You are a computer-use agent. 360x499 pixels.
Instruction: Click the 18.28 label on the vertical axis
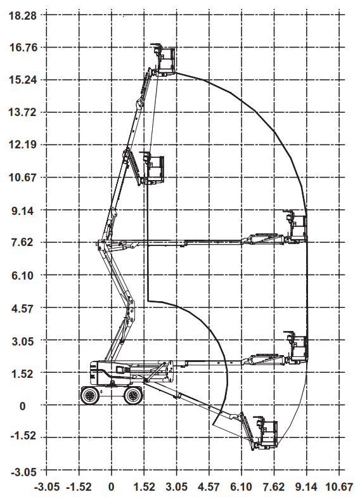[x=22, y=15]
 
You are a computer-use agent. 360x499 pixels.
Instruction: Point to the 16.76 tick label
[x=22, y=48]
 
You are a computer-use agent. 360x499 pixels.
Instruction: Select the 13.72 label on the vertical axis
[x=22, y=112]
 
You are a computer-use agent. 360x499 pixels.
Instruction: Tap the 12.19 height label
[x=22, y=145]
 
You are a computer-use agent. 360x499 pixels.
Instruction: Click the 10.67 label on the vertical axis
[x=22, y=178]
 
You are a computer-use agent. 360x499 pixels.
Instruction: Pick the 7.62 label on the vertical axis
[x=22, y=242]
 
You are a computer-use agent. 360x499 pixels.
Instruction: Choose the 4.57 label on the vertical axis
[x=22, y=308]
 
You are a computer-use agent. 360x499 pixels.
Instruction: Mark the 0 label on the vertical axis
[x=22, y=406]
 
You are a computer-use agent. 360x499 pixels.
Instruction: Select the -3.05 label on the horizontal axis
[x=46, y=487]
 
